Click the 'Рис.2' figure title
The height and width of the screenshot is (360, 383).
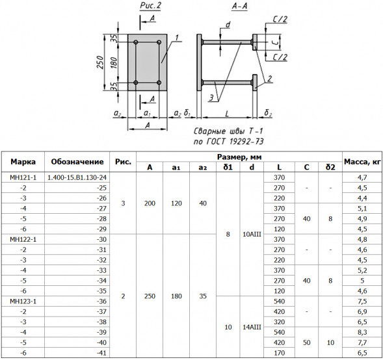click(150, 6)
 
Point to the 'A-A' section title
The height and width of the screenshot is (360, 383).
click(239, 6)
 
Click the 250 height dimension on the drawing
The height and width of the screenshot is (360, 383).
click(100, 62)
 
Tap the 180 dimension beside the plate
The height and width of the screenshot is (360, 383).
click(114, 62)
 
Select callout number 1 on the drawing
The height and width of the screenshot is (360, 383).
click(177, 37)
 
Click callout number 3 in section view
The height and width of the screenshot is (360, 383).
click(211, 97)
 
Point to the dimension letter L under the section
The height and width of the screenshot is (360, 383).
click(227, 114)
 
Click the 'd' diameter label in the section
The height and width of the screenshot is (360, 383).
click(228, 25)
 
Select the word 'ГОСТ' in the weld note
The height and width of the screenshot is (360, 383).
click(215, 142)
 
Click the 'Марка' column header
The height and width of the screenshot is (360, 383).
click(23, 162)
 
